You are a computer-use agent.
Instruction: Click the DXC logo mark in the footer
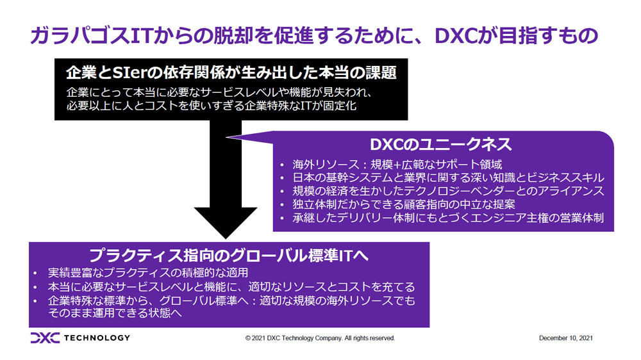(45, 338)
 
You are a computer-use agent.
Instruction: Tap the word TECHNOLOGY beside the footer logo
(97, 338)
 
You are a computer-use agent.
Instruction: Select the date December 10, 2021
(566, 338)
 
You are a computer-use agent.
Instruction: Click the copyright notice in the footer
(320, 338)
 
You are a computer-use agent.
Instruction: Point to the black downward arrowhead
(225, 222)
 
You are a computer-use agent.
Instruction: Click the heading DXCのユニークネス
(441, 144)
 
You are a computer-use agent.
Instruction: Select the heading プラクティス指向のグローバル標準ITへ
(229, 256)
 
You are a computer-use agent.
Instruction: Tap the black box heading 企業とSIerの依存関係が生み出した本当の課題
(231, 72)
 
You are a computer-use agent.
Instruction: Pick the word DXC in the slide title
(456, 36)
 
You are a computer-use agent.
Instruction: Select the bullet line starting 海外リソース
(397, 164)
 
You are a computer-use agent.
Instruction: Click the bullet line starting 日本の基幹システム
(448, 177)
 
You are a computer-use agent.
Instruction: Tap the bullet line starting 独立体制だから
(404, 204)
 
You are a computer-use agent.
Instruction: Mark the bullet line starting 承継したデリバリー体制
(448, 218)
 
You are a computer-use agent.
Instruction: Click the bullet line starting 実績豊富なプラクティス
(148, 272)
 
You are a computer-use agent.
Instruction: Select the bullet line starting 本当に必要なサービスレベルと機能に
(231, 286)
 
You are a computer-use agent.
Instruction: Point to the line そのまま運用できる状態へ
(115, 313)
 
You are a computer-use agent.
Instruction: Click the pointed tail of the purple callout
(226, 137)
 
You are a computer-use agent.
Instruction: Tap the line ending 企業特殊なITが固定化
(212, 106)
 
